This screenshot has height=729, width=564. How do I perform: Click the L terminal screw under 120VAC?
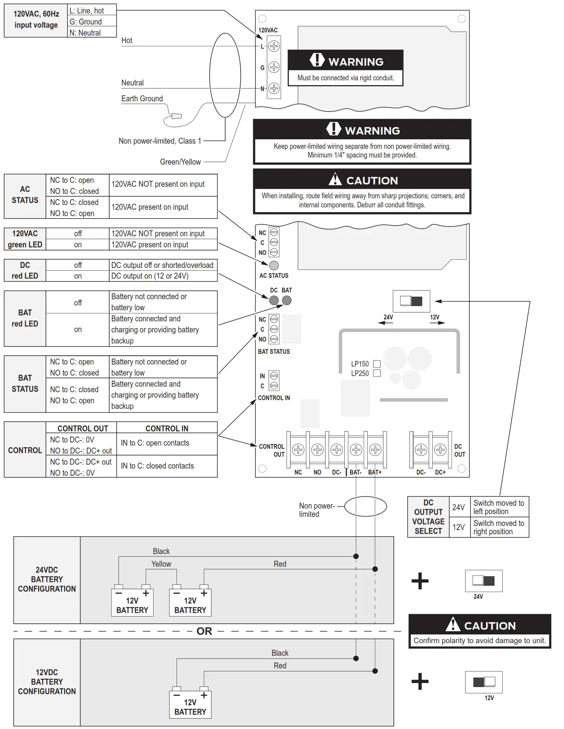click(274, 46)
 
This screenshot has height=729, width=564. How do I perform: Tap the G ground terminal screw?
click(274, 67)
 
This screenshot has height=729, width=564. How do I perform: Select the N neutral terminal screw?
click(274, 88)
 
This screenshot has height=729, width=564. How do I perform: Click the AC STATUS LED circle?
click(274, 266)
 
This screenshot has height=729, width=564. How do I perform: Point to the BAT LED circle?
click(287, 300)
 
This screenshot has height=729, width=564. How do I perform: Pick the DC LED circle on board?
click(274, 300)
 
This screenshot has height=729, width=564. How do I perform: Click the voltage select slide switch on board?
click(411, 301)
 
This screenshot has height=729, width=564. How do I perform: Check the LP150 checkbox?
click(377, 364)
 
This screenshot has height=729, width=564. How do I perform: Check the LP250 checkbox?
click(377, 373)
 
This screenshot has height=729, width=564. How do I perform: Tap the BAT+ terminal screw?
click(375, 450)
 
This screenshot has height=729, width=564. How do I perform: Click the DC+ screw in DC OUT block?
click(440, 450)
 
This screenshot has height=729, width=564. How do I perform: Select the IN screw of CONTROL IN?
click(274, 376)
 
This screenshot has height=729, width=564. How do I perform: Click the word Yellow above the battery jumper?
click(161, 564)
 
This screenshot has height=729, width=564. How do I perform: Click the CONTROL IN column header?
click(167, 428)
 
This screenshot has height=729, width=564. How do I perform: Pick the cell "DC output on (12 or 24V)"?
click(163, 276)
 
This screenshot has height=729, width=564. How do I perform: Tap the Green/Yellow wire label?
click(180, 162)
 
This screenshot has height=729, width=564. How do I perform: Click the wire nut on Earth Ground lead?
click(176, 116)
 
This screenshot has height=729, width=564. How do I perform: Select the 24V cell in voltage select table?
click(458, 507)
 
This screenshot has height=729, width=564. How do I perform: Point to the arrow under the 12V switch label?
click(437, 323)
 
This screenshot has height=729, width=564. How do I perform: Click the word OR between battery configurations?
click(204, 631)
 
